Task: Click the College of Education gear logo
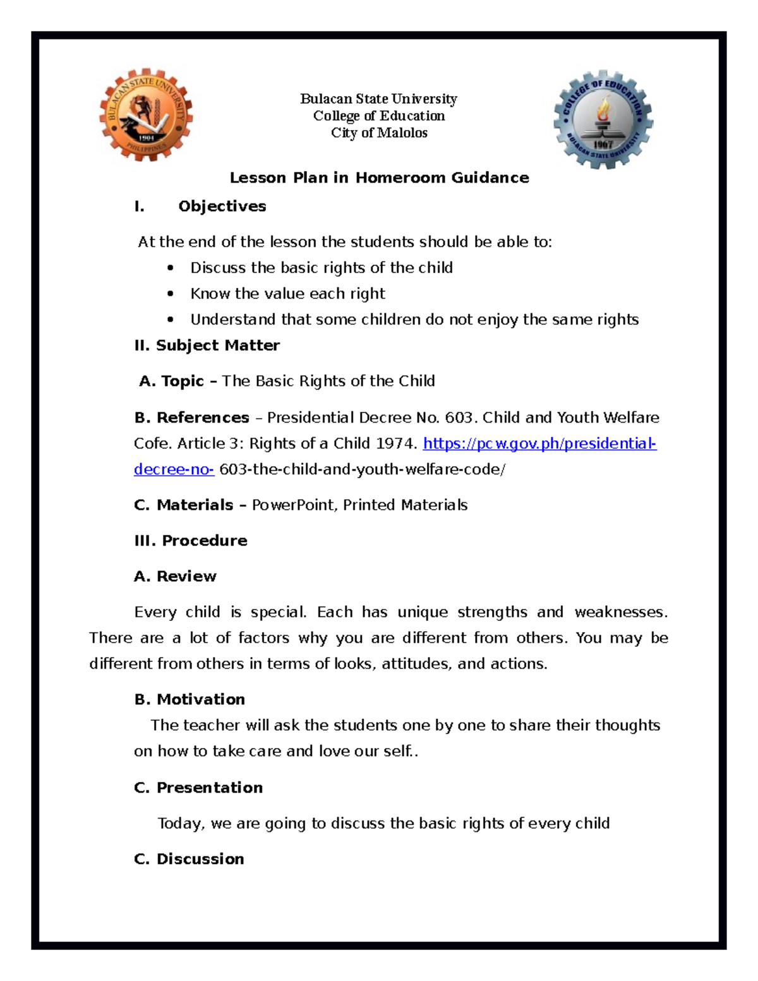pyautogui.click(x=603, y=119)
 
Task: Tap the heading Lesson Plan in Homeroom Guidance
pyautogui.click(x=379, y=178)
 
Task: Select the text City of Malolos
pyautogui.click(x=379, y=133)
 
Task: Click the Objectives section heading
pyautogui.click(x=222, y=207)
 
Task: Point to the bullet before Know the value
pyautogui.click(x=171, y=294)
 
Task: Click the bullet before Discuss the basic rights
pyautogui.click(x=171, y=268)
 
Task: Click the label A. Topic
pyautogui.click(x=172, y=381)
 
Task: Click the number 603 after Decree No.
pyautogui.click(x=459, y=418)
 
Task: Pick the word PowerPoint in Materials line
pyautogui.click(x=294, y=505)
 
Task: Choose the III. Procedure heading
pyautogui.click(x=190, y=541)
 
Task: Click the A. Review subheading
pyautogui.click(x=175, y=576)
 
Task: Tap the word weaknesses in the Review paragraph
pyautogui.click(x=620, y=612)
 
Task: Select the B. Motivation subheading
pyautogui.click(x=189, y=699)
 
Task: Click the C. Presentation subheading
pyautogui.click(x=198, y=788)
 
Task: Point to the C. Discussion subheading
pyautogui.click(x=189, y=859)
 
